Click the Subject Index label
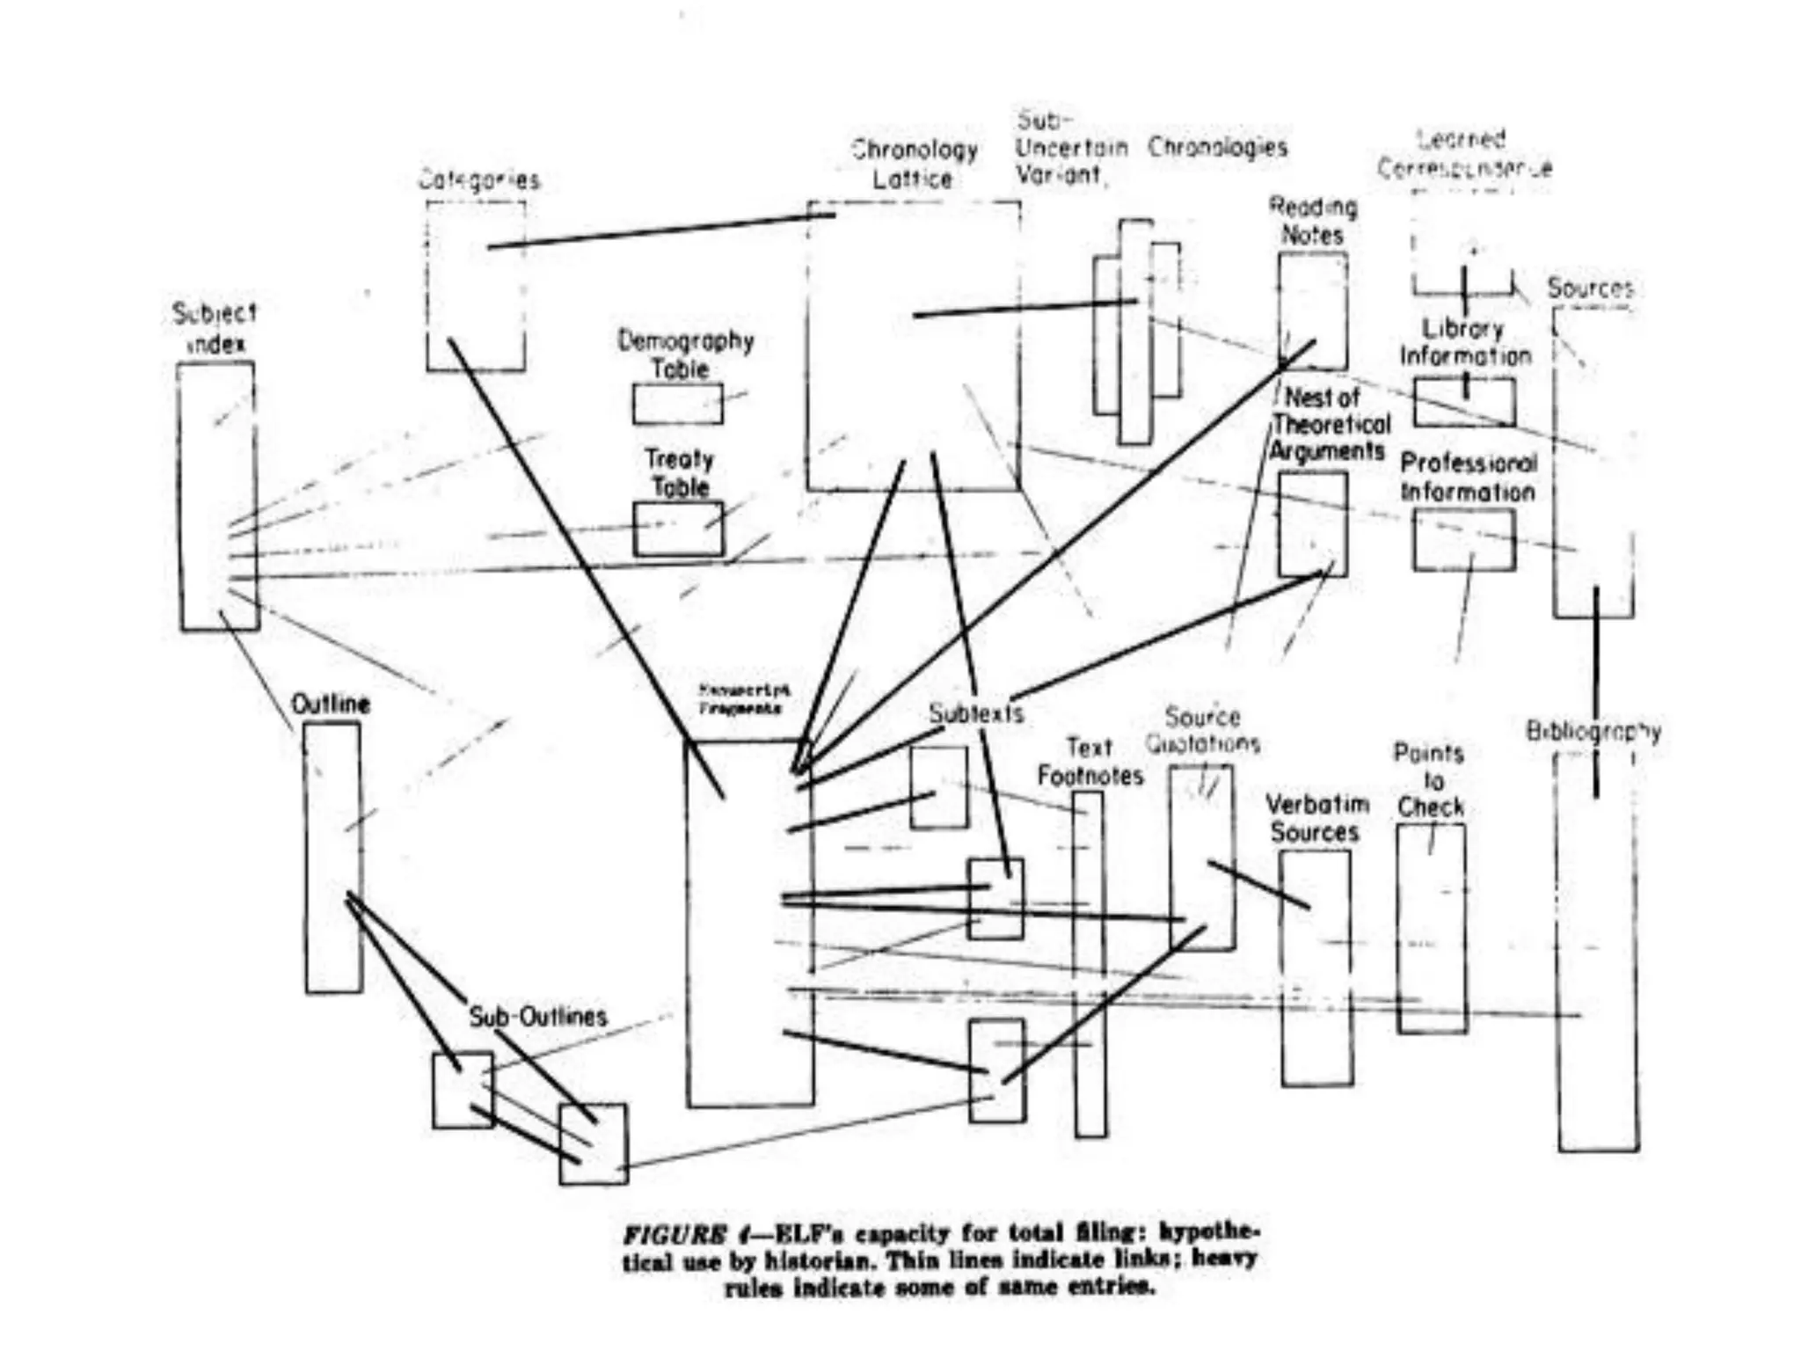(215, 328)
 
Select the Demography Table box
(677, 405)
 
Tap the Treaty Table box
(678, 529)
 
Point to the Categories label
(479, 180)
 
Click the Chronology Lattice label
(915, 164)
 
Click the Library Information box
(1464, 402)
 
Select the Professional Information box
(1464, 540)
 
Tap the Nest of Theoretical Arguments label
(1330, 424)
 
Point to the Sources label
(1590, 288)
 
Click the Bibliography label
(1593, 731)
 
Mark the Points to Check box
(1432, 928)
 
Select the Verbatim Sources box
(1316, 968)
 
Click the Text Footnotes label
(1090, 762)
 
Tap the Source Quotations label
(1202, 730)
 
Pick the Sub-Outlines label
(537, 1017)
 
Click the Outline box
(332, 858)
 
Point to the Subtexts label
(976, 712)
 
